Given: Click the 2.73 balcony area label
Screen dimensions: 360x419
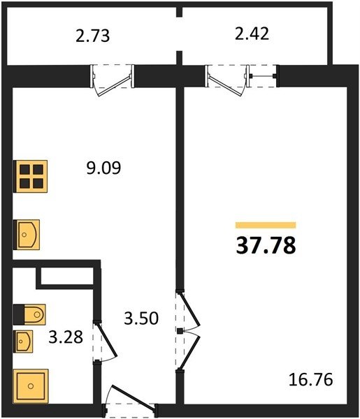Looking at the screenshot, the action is [92, 36].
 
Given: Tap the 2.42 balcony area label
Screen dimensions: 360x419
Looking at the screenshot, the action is [252, 34].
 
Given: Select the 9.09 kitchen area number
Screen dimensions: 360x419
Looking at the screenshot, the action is [103, 168].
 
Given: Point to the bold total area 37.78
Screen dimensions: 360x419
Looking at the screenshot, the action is [266, 245].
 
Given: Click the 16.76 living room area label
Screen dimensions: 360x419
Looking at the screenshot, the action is [311, 379].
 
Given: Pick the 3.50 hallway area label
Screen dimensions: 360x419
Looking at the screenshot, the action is [141, 318].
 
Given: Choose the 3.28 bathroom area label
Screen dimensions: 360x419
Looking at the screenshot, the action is [66, 337].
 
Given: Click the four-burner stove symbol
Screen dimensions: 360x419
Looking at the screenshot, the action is [31, 177].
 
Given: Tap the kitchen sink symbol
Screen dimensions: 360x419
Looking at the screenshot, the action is [27, 235].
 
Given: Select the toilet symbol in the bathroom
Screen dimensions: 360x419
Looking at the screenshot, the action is [29, 314].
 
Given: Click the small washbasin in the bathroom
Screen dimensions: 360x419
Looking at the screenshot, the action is [24, 341].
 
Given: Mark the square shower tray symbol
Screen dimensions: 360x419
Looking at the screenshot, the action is [31, 386].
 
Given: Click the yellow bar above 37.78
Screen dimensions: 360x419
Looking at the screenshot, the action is [266, 226].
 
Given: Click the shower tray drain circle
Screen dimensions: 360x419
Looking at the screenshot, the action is [31, 386].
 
